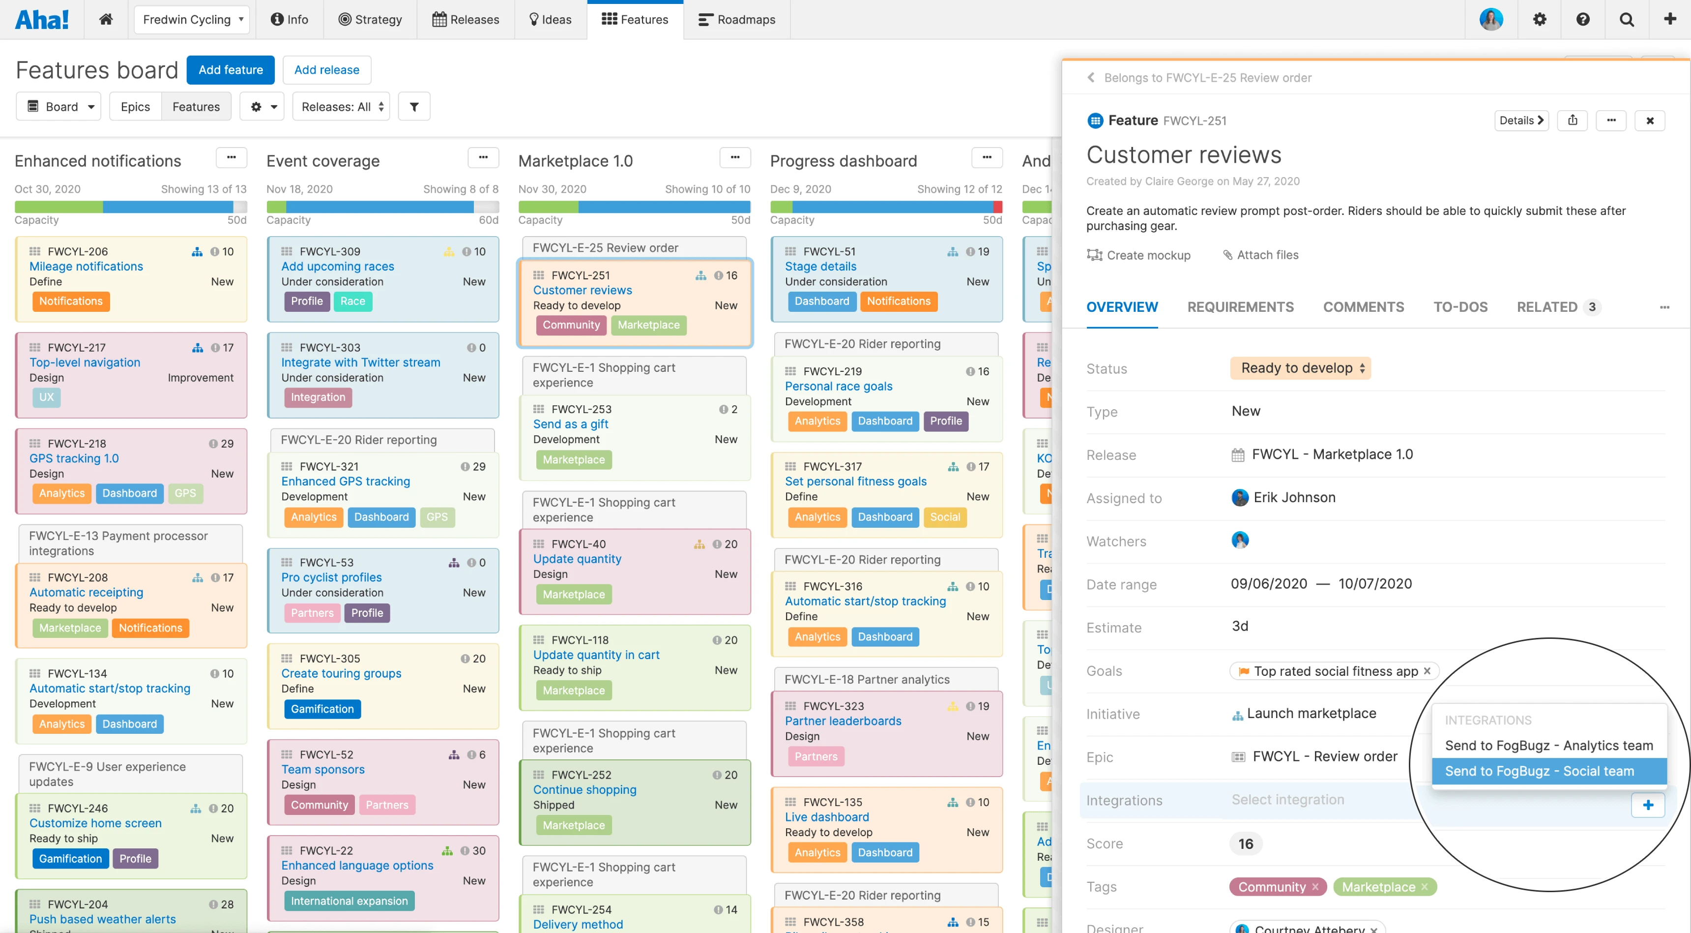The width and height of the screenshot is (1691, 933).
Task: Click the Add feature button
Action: [231, 70]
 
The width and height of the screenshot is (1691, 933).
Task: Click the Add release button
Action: [326, 70]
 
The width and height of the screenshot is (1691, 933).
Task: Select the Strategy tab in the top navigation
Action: [370, 20]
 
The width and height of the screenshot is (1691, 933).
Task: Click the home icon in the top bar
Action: [106, 20]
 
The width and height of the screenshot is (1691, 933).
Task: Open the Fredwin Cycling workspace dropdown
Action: [192, 20]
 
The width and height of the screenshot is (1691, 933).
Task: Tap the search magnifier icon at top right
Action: [1626, 20]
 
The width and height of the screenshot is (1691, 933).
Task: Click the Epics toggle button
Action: [135, 106]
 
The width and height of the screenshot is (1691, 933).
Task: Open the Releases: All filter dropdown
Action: [341, 106]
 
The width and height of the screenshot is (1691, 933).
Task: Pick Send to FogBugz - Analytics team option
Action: [1548, 745]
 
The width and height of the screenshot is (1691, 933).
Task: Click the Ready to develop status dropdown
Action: [1300, 368]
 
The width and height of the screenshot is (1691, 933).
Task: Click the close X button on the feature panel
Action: [1650, 120]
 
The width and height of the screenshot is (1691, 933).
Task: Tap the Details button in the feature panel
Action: [1520, 120]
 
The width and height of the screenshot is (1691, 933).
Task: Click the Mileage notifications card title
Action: [86, 266]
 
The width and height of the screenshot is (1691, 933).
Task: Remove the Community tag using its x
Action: [1315, 886]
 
